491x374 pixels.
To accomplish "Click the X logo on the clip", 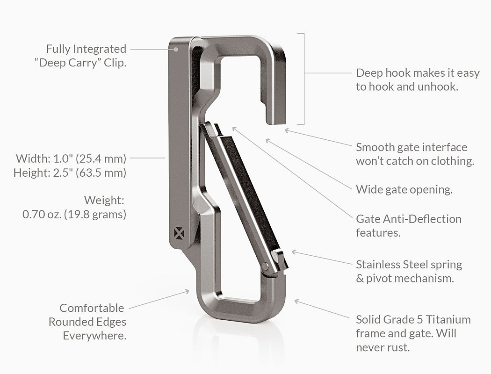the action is point(179,233).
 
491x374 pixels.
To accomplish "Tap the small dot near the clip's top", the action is point(176,50).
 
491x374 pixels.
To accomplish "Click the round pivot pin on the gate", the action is point(266,266).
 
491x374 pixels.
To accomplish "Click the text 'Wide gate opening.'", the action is point(404,190).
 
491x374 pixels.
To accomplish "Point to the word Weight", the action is point(104,201).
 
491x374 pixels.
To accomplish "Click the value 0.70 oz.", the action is point(42,215).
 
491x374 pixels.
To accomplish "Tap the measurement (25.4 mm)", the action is point(101,158).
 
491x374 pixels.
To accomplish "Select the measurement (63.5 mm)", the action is point(101,173).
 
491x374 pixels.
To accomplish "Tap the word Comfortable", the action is point(92,308).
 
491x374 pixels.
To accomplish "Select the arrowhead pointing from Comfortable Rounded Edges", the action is point(187,291).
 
